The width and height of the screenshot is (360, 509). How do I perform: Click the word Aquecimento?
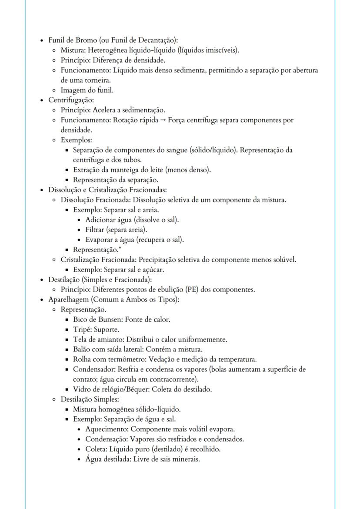tap(103, 429)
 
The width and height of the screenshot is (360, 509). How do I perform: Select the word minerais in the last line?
tap(186, 459)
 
